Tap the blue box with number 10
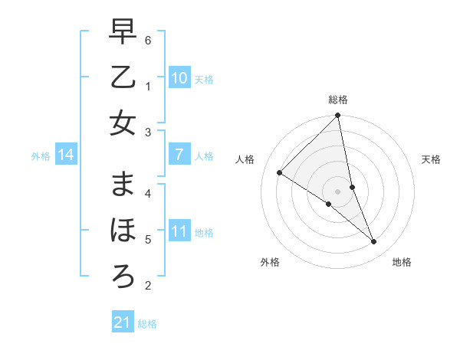[x=179, y=77]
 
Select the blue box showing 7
[x=179, y=155]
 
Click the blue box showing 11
[x=179, y=231]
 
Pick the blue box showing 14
[x=66, y=155]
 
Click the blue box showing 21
[x=123, y=322]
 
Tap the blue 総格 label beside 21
[x=147, y=324]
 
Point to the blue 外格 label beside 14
[x=41, y=156]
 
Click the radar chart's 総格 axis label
[x=338, y=100]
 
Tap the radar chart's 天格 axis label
[x=432, y=159]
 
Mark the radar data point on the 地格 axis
[x=374, y=242]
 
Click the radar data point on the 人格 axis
[x=279, y=172]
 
